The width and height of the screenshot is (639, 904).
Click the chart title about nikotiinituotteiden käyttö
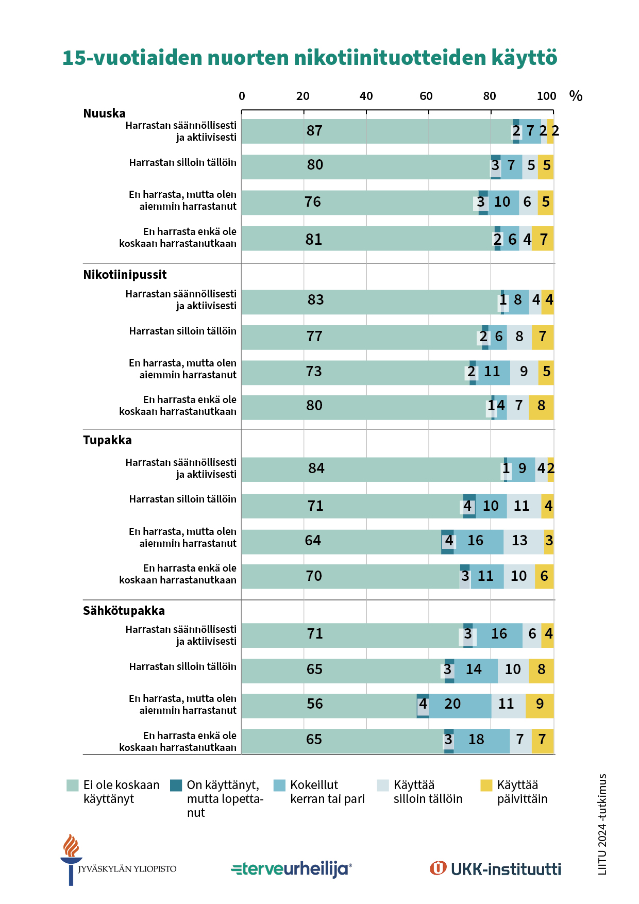[x=310, y=58]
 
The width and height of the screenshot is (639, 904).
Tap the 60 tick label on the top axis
[x=426, y=96]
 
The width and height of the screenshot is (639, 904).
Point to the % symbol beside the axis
[x=576, y=96]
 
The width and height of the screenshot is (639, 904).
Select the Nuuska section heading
[x=104, y=113]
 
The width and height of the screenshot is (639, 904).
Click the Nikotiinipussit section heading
[x=125, y=275]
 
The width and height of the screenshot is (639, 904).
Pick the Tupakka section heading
[x=107, y=440]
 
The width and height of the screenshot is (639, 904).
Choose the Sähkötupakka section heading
[x=124, y=611]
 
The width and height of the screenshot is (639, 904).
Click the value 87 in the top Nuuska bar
[x=314, y=131]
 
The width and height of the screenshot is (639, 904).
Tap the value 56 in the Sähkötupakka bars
[x=314, y=704]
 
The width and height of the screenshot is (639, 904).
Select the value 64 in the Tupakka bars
[x=313, y=541]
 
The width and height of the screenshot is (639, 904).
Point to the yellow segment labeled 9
[x=540, y=706]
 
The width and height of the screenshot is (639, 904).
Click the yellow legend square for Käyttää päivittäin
[x=486, y=785]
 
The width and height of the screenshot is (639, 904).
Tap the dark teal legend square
[x=176, y=785]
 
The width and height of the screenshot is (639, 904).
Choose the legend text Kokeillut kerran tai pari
[x=327, y=792]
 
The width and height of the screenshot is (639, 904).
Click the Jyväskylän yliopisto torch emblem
[x=71, y=859]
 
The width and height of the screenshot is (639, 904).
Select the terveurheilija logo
[x=292, y=869]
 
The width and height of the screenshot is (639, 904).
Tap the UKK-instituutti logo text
[x=506, y=869]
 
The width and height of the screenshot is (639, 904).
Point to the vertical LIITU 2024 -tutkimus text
[x=602, y=824]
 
